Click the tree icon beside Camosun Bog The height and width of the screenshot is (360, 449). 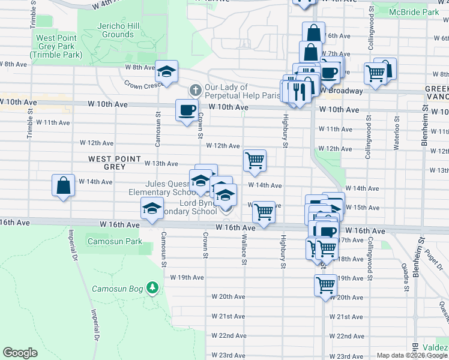(152, 288)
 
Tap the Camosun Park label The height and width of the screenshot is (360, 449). (115, 242)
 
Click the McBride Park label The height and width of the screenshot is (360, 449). (414, 12)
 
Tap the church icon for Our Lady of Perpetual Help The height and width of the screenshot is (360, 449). (194, 91)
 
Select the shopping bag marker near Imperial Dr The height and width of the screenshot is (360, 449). (63, 186)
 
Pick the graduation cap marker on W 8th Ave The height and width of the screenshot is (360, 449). (166, 72)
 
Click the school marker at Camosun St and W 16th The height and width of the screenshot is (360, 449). (152, 208)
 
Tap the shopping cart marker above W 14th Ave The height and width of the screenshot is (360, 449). (255, 160)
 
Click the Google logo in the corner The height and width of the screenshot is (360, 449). (20, 353)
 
